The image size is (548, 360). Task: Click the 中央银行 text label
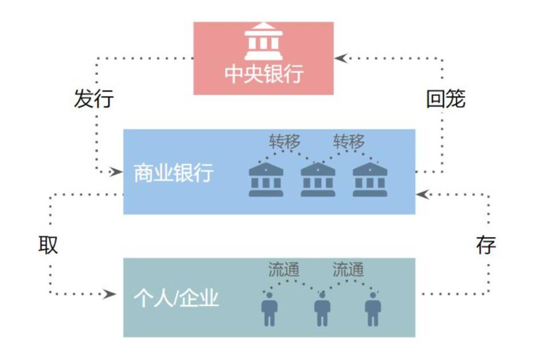263,74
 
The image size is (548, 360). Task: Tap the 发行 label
94,99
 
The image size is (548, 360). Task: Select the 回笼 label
446,99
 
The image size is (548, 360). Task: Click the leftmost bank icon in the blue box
266,179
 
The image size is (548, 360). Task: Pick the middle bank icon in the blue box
318,179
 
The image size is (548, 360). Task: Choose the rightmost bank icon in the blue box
370,179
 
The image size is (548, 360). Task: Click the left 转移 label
284,141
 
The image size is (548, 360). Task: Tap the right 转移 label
349,141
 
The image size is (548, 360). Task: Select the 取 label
49,245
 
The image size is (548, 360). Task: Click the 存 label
486,245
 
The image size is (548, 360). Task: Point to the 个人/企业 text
176,298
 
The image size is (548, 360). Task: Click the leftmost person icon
269,309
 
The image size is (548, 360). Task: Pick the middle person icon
322,309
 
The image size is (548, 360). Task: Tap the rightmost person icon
373,309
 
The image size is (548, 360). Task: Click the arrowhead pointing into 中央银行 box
341,58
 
